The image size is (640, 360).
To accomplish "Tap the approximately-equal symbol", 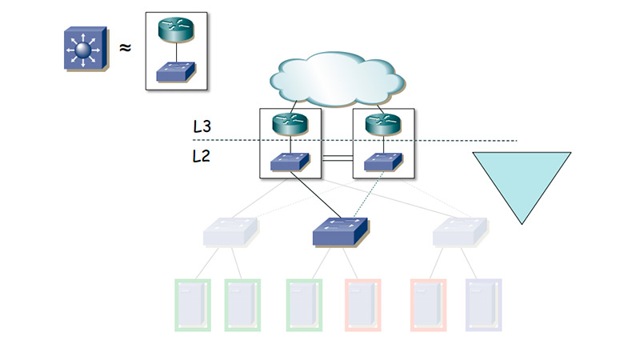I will (x=125, y=48).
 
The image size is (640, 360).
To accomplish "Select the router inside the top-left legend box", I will (x=176, y=30).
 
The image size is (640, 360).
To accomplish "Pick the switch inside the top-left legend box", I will (x=176, y=71).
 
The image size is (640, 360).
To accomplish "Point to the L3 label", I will (x=203, y=126).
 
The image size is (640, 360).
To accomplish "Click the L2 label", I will (x=202, y=157).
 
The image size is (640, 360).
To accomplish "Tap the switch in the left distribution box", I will (x=289, y=162).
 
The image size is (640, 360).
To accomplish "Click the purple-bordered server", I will (x=483, y=304).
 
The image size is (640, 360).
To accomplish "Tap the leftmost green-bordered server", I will (x=192, y=304).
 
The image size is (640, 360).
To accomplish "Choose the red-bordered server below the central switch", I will (x=362, y=304).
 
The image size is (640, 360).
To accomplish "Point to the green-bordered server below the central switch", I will (x=304, y=304).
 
